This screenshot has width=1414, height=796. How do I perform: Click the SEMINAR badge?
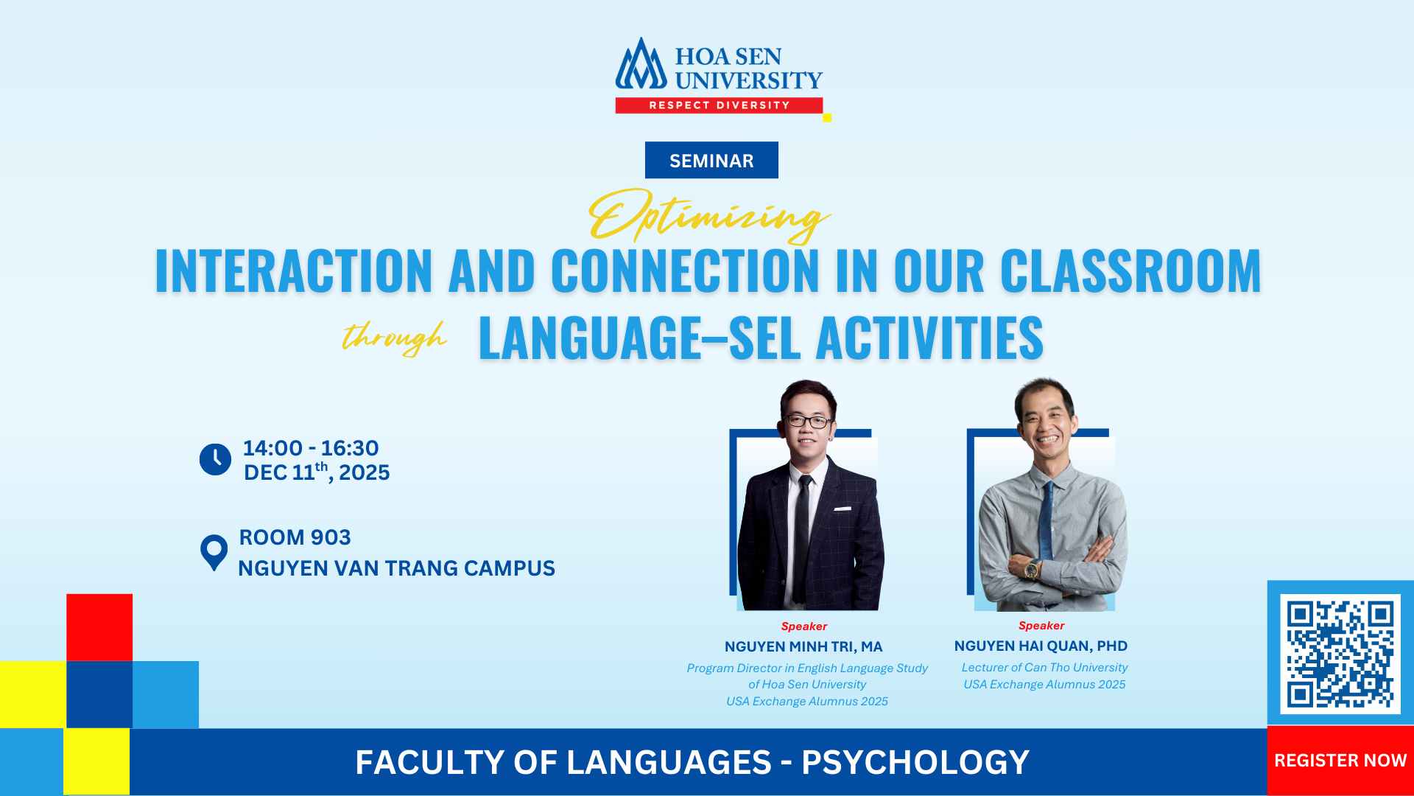tap(711, 161)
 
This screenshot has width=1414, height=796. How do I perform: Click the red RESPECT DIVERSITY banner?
tap(719, 105)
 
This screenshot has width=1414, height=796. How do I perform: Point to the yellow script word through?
tap(395, 338)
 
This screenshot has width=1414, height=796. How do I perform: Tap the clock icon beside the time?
tap(215, 459)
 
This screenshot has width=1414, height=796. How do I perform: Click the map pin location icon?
tap(214, 551)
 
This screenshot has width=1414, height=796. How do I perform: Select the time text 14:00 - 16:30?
tap(311, 448)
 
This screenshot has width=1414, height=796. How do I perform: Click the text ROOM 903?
tap(295, 537)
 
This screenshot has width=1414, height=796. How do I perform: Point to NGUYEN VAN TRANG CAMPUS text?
tap(396, 568)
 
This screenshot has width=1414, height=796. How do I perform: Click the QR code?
tap(1340, 654)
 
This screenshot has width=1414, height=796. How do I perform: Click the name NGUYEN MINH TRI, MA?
tap(803, 647)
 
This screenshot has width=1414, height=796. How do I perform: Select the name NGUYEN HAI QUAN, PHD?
tap(1041, 646)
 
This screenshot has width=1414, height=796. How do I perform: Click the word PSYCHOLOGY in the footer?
tap(915, 762)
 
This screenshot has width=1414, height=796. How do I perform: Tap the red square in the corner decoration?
tap(99, 627)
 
